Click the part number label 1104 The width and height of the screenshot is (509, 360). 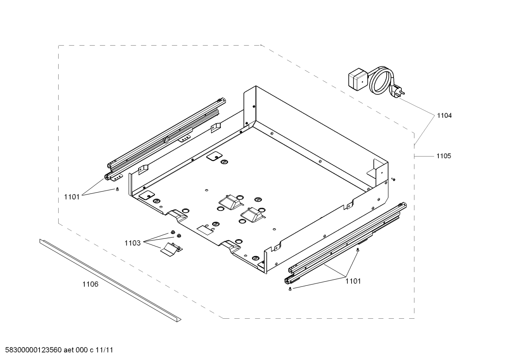pos(444,116)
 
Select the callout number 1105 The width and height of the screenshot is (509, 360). pos(444,156)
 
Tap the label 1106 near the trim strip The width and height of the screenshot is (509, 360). pos(90,284)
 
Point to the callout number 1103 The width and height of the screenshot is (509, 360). pos(132,243)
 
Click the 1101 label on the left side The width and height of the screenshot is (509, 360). pos(72,197)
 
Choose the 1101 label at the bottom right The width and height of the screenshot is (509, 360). pos(353,281)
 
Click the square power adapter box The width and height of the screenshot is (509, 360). pos(358,79)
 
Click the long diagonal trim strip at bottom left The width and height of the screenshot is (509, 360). pos(110,281)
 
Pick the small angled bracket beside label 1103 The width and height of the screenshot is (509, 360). pos(172,249)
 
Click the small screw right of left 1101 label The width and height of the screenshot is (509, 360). pos(117,189)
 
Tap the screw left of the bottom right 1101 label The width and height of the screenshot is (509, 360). pos(290,289)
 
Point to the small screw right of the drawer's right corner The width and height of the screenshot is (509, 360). pos(393,179)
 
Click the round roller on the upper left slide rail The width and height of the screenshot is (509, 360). pos(167,140)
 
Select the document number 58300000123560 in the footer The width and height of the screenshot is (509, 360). pos(33,350)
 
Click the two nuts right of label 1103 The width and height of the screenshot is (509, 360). pos(176,234)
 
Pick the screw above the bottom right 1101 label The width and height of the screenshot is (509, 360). pos(358,249)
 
